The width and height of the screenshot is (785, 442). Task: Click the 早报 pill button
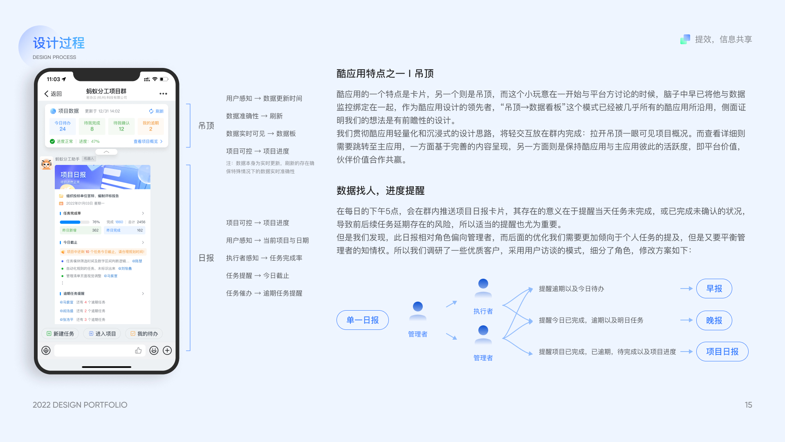[x=714, y=289]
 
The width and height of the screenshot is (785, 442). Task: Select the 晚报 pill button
[x=714, y=320]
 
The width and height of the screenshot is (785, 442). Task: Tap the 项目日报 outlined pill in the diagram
[x=722, y=352]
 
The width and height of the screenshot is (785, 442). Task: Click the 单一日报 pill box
[x=362, y=320]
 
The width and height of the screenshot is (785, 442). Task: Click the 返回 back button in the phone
[x=53, y=94]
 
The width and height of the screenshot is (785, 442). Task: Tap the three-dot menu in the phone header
[x=163, y=94]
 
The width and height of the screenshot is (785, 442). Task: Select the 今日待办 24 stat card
[x=63, y=126]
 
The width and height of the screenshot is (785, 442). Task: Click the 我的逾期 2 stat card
[x=150, y=126]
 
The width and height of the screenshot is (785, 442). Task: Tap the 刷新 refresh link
[x=156, y=111]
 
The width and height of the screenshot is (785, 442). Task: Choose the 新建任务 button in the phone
[x=61, y=334]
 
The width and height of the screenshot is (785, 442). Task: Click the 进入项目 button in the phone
[x=102, y=334]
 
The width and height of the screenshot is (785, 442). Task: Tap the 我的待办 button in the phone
[x=144, y=334]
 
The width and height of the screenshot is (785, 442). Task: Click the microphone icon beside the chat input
[x=46, y=350]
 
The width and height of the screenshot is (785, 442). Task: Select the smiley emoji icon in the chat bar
[x=154, y=350]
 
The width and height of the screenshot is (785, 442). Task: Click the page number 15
[x=748, y=405]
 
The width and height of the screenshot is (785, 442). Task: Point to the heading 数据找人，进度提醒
[x=380, y=191]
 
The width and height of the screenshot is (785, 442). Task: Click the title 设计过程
[x=59, y=43]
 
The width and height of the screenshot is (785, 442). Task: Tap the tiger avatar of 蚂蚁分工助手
[x=46, y=164]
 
